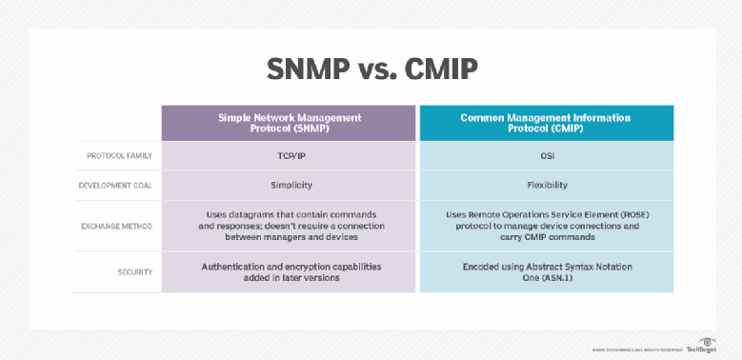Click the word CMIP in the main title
[440, 71]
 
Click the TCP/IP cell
[290, 155]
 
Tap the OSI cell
[546, 155]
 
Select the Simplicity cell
[290, 184]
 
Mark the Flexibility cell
[546, 184]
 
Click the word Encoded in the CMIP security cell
[480, 266]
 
